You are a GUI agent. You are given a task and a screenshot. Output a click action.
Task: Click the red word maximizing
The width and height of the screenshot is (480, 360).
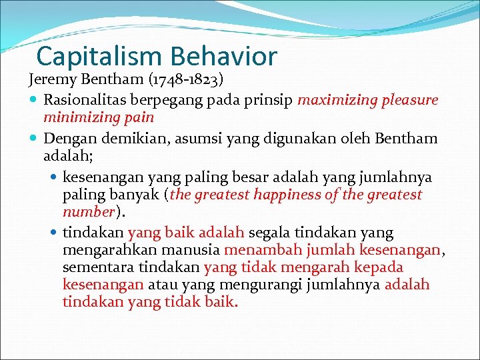coord(337,100)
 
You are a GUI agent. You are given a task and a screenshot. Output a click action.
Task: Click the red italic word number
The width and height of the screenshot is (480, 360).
coord(89,212)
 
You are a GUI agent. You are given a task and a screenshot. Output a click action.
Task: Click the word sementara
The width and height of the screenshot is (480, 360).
coord(95,267)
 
